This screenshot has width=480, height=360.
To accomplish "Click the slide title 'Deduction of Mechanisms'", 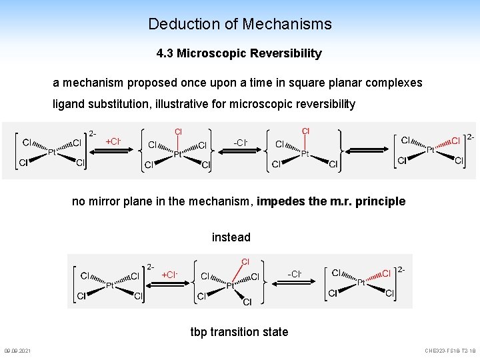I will [x=239, y=24].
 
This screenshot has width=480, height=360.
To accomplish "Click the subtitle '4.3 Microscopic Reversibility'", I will [x=239, y=53].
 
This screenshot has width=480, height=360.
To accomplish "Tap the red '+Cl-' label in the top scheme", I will [x=113, y=141].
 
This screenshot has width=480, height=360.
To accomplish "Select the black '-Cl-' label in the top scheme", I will [x=241, y=142].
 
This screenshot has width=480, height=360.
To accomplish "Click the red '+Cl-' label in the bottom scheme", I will [x=169, y=275].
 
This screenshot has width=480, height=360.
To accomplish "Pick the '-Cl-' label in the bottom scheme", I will [x=295, y=274].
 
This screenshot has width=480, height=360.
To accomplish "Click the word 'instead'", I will [x=231, y=237].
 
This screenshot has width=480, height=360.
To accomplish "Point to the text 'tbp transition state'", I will [x=239, y=332].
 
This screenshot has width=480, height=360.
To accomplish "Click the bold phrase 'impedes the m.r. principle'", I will [x=331, y=201].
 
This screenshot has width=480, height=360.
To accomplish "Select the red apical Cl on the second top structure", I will [x=178, y=131].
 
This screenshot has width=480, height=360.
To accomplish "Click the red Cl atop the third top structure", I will [x=305, y=131].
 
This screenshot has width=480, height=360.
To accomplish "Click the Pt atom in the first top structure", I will [x=51, y=153].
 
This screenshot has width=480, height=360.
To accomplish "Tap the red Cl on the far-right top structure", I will [x=455, y=141].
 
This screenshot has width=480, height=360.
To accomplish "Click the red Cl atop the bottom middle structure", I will [x=245, y=261].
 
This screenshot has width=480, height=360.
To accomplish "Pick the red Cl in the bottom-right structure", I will [x=386, y=273].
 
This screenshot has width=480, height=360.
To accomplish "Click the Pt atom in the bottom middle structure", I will [x=230, y=285].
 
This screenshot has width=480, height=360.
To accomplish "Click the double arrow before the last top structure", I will [x=366, y=150].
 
